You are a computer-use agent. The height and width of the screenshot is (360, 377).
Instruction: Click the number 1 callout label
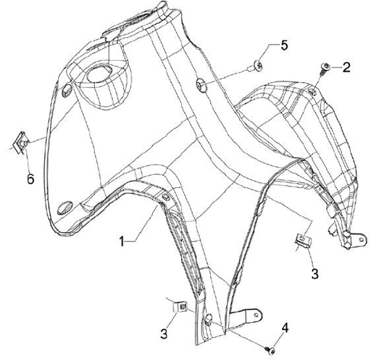pos(121,241)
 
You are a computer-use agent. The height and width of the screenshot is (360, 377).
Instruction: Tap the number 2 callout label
pos(346,66)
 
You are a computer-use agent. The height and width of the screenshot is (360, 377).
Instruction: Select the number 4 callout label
pos(285,328)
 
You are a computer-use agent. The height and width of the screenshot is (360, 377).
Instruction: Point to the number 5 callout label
pos(284,46)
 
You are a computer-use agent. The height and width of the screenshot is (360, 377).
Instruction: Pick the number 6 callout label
pos(30,178)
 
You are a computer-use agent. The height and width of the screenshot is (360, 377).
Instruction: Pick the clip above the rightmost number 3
pos(301,240)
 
